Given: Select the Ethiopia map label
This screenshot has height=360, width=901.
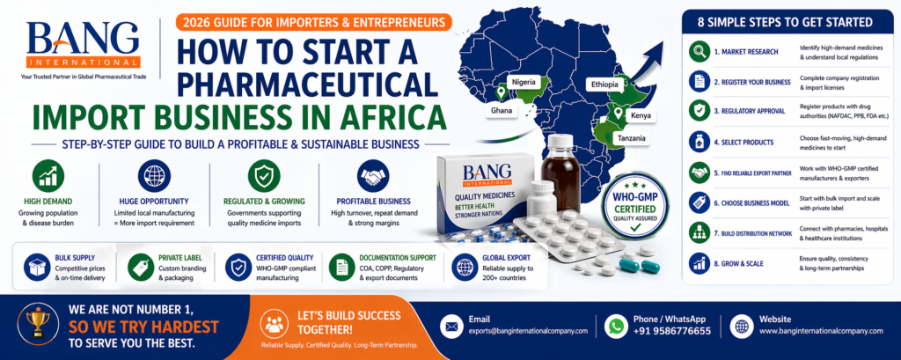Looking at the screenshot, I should coord(604,84).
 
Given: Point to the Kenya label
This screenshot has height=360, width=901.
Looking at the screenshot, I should coord(641,115).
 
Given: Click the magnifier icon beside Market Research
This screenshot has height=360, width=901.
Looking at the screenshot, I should coord(700,50).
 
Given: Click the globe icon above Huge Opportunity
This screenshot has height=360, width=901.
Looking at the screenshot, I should coord(154,175).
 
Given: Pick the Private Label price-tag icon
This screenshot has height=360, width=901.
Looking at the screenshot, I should coord(140,266).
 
